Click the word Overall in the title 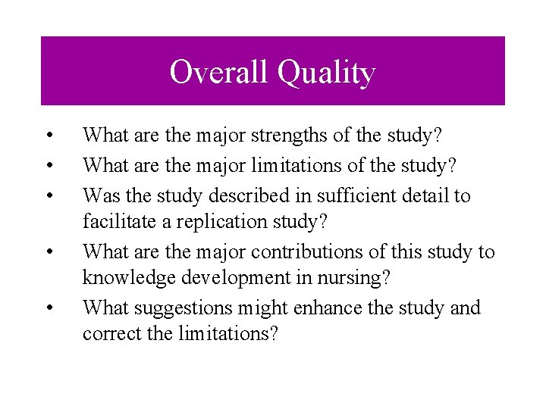coord(219,73)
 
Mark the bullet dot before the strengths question coord(48,137)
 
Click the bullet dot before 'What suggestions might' coord(48,308)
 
